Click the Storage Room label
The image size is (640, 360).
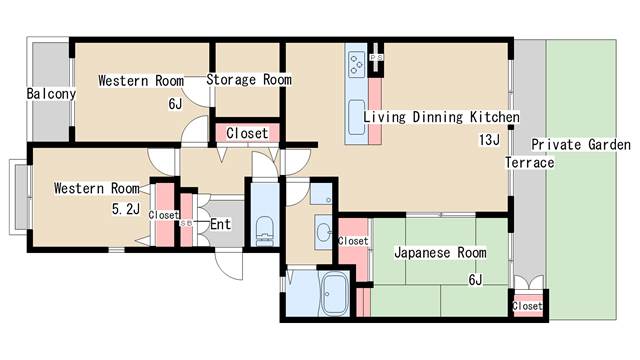click(249, 80)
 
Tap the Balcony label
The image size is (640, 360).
click(51, 94)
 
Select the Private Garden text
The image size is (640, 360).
click(581, 145)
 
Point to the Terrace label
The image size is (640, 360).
click(530, 163)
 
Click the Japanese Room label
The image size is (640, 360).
click(440, 253)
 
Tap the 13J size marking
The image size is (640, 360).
click(489, 140)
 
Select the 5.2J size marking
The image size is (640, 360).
click(126, 209)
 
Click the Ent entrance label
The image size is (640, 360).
click(220, 224)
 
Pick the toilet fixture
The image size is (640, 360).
click(264, 231)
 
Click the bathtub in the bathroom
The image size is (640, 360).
click(335, 294)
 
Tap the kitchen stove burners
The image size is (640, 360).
click(357, 64)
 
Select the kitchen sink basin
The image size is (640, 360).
click(357, 117)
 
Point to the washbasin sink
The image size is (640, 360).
click(324, 233)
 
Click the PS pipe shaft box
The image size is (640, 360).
click(376, 58)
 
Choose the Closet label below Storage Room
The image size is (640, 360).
click(247, 133)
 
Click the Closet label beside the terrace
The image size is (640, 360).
click(527, 306)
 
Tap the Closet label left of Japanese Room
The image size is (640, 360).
click(353, 241)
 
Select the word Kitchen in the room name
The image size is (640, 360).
click(495, 117)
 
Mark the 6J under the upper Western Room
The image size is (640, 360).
click(176, 104)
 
